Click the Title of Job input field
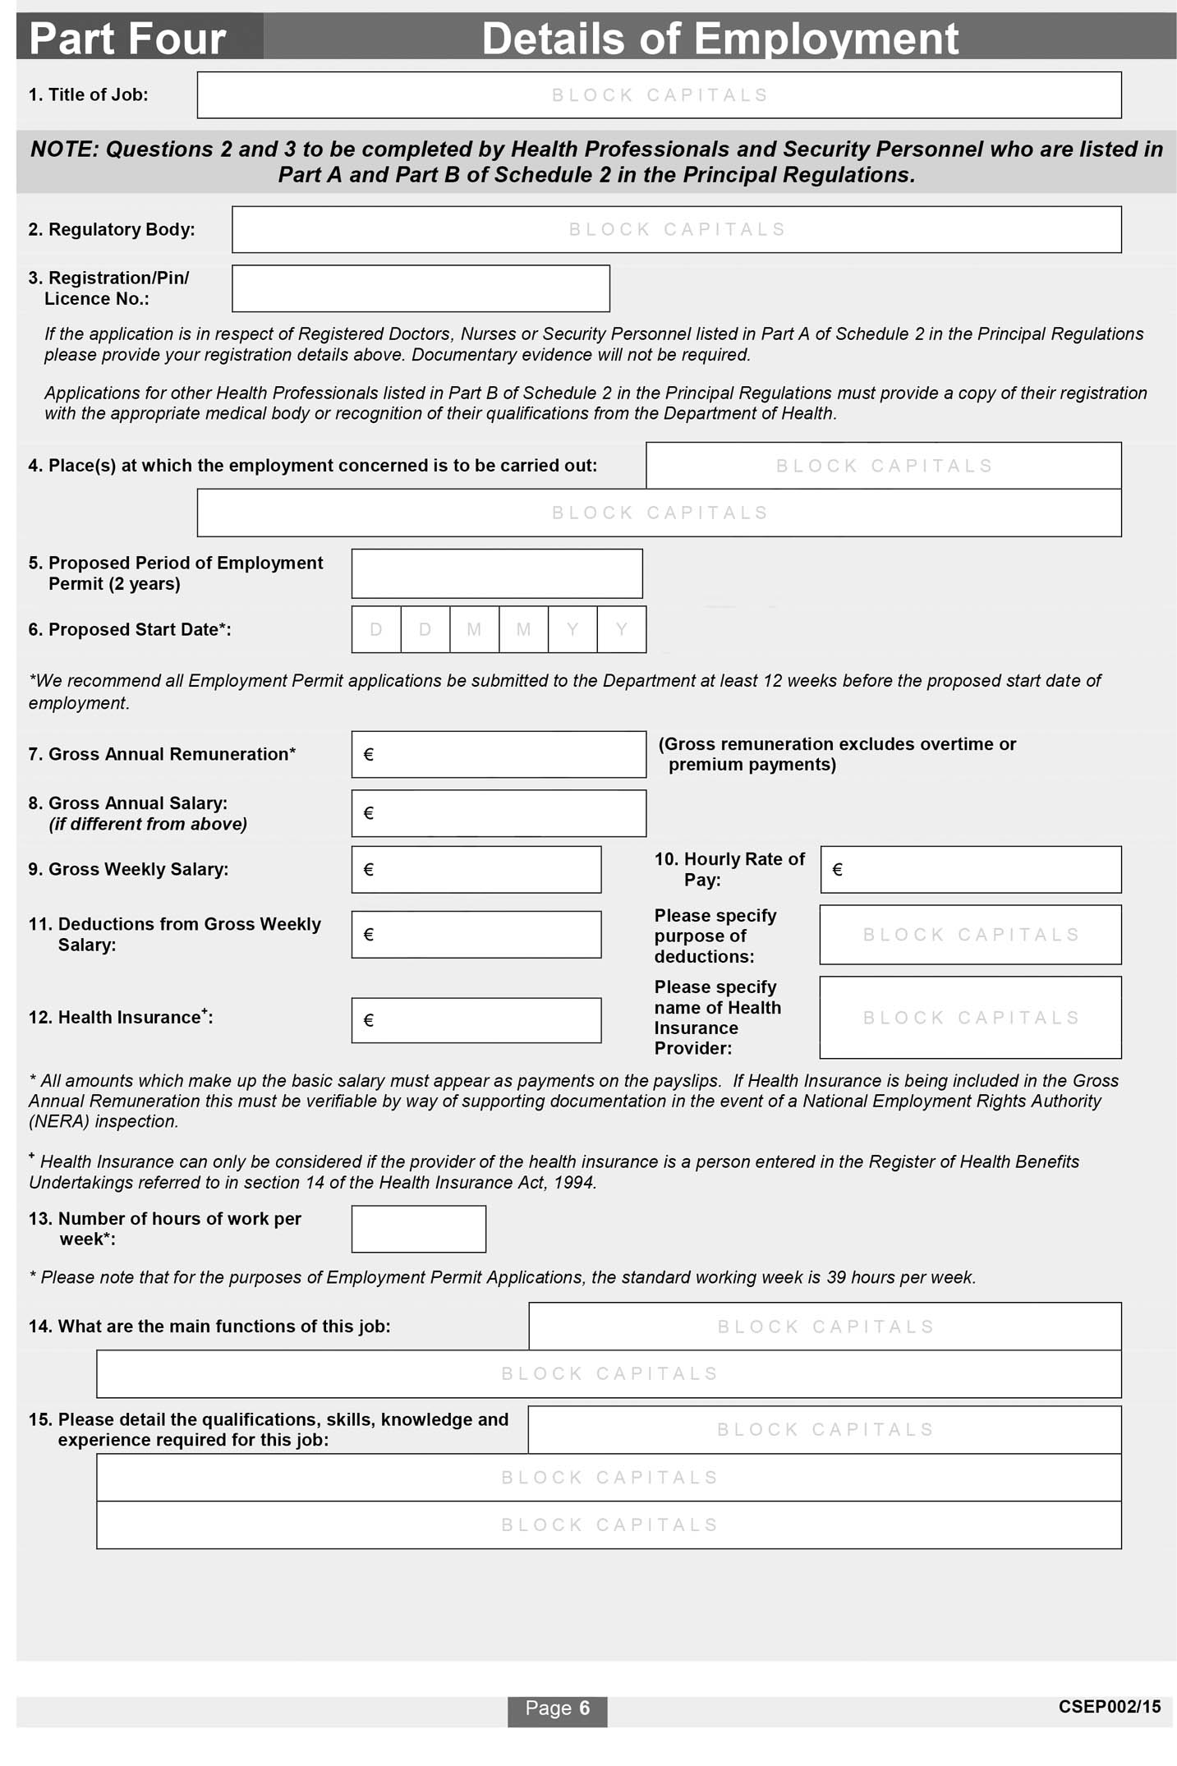pos(659,95)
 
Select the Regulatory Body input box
pos(676,229)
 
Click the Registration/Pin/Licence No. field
pos(421,288)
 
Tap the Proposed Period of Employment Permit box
pos(496,573)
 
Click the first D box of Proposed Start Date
pos(376,629)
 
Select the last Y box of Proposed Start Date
pos(621,629)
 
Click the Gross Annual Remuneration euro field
pos(499,754)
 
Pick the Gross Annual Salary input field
pos(499,813)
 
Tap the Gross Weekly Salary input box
pos(476,869)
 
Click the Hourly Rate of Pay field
pos(970,869)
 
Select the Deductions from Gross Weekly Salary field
pos(476,934)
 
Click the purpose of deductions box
pos(970,934)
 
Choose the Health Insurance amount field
pos(476,1020)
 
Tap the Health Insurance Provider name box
pos(970,1017)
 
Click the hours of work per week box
pos(418,1229)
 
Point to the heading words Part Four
pos(127,39)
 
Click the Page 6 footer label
pos(557,1709)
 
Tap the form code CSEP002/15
pos(1109,1707)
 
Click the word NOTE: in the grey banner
pos(65,149)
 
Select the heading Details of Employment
pos(720,39)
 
